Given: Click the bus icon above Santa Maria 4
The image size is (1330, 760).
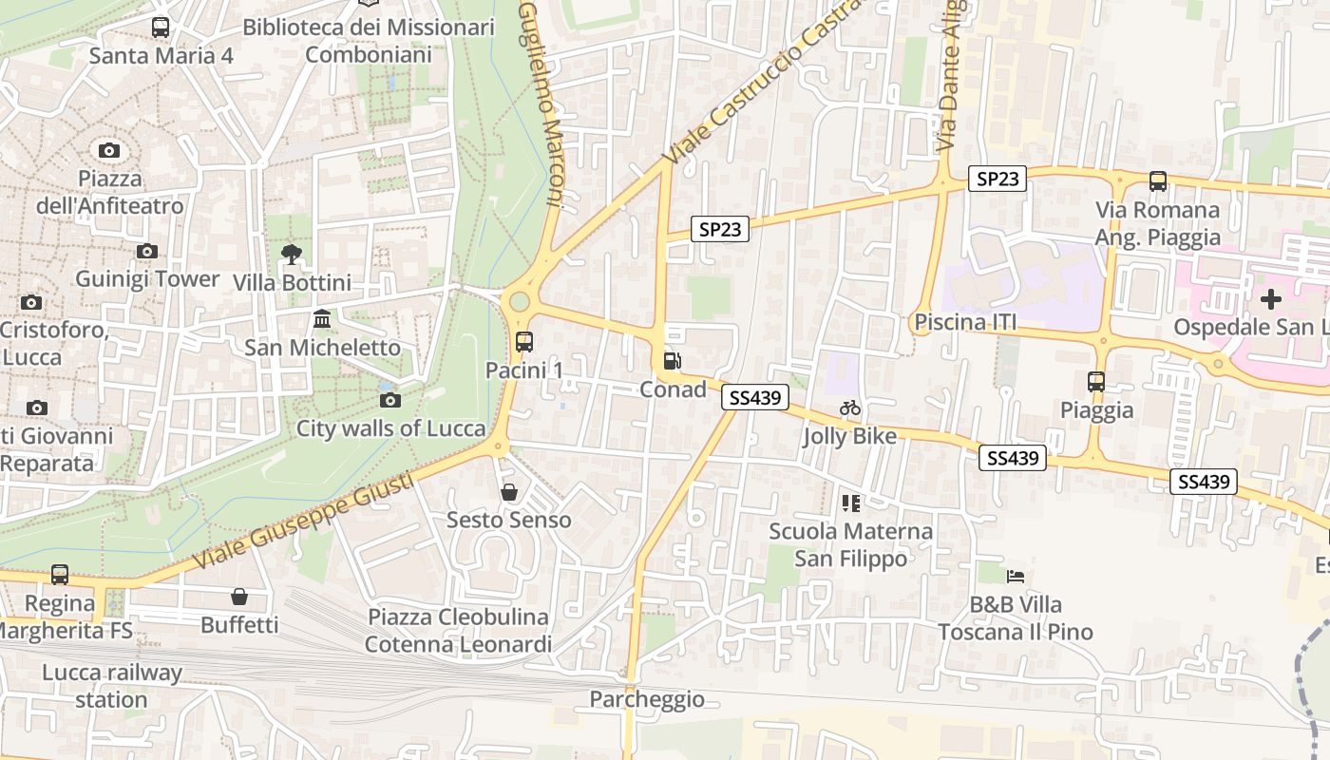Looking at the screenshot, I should tap(161, 28).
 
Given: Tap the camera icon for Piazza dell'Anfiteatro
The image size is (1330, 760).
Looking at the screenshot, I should tap(109, 150).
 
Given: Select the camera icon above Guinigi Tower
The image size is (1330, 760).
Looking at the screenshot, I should tap(146, 252).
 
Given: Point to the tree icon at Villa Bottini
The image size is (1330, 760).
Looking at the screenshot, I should tap(292, 254).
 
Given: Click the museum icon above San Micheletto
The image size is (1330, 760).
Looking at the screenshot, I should tap(322, 319).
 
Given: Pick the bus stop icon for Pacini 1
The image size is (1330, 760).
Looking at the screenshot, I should tap(523, 342).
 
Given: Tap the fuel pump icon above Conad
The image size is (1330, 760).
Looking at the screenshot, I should tap(672, 361).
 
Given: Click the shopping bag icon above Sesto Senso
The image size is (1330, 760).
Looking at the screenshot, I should tap(509, 492).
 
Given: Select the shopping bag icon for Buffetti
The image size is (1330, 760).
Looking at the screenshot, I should tap(239, 597).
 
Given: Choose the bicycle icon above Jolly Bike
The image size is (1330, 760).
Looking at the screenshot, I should tap(850, 408).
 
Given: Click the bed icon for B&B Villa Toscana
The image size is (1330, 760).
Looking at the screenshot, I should tap(1016, 576).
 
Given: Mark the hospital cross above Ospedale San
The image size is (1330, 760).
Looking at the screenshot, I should tap(1270, 300).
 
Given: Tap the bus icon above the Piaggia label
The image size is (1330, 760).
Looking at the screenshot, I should tap(1096, 382).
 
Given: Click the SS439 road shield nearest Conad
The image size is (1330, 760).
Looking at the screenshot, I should tap(755, 398).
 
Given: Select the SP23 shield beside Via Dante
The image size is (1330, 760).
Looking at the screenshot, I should tap(997, 179).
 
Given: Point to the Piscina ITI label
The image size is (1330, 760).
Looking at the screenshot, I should tap(965, 323).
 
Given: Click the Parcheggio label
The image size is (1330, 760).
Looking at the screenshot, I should tap(647, 700).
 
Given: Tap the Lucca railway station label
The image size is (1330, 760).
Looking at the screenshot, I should tap(111, 687).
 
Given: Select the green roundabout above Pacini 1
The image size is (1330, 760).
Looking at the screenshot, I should tap(519, 302).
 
